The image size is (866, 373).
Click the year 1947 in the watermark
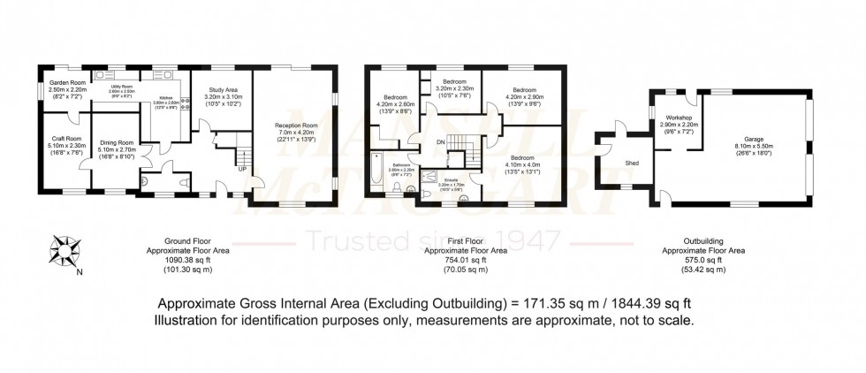tap(528, 239)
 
